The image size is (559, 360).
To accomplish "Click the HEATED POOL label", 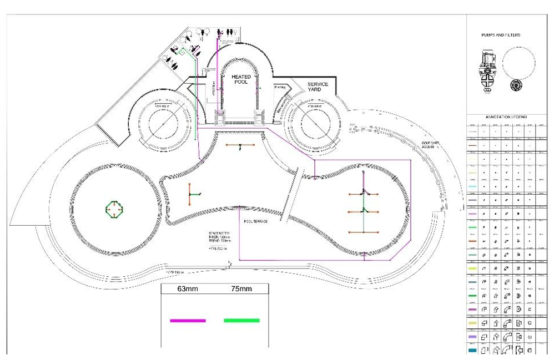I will coord(241,79).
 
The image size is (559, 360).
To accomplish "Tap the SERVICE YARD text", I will coord(318,87).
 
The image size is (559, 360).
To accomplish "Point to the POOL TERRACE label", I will coord(256,221).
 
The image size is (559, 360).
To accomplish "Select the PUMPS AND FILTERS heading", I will coord(500,35).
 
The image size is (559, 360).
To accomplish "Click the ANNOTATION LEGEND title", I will coord(506,117).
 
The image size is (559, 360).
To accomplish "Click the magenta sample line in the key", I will coord(188,320).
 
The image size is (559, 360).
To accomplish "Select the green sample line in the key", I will coord(241,320).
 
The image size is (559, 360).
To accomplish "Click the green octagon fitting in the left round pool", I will coord(114,209).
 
